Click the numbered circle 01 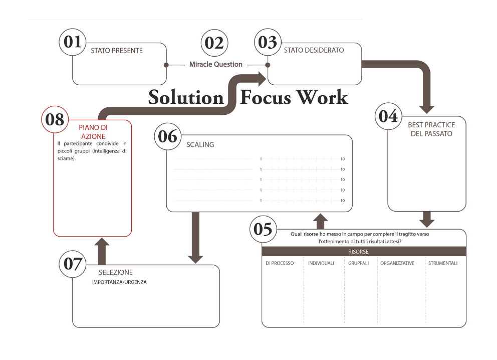click(73, 42)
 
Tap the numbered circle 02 click(214, 43)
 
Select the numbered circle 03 click(268, 42)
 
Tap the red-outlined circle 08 click(55, 119)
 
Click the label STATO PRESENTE click(117, 51)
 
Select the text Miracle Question click(216, 65)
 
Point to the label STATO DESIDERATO click(314, 51)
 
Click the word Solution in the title click(185, 97)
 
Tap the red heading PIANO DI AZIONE click(93, 132)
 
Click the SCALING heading click(200, 145)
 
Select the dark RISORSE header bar click(364, 252)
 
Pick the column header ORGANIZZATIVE click(397, 263)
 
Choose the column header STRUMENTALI click(443, 263)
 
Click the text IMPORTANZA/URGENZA click(119, 282)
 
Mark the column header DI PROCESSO click(280, 263)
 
